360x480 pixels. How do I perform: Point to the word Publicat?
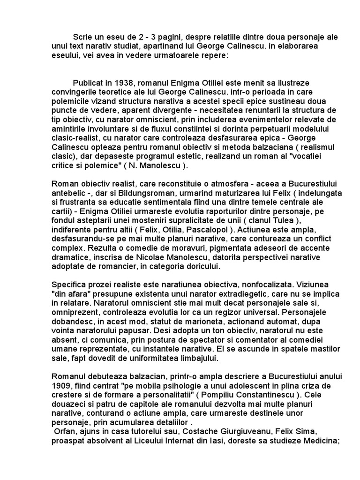89,83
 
